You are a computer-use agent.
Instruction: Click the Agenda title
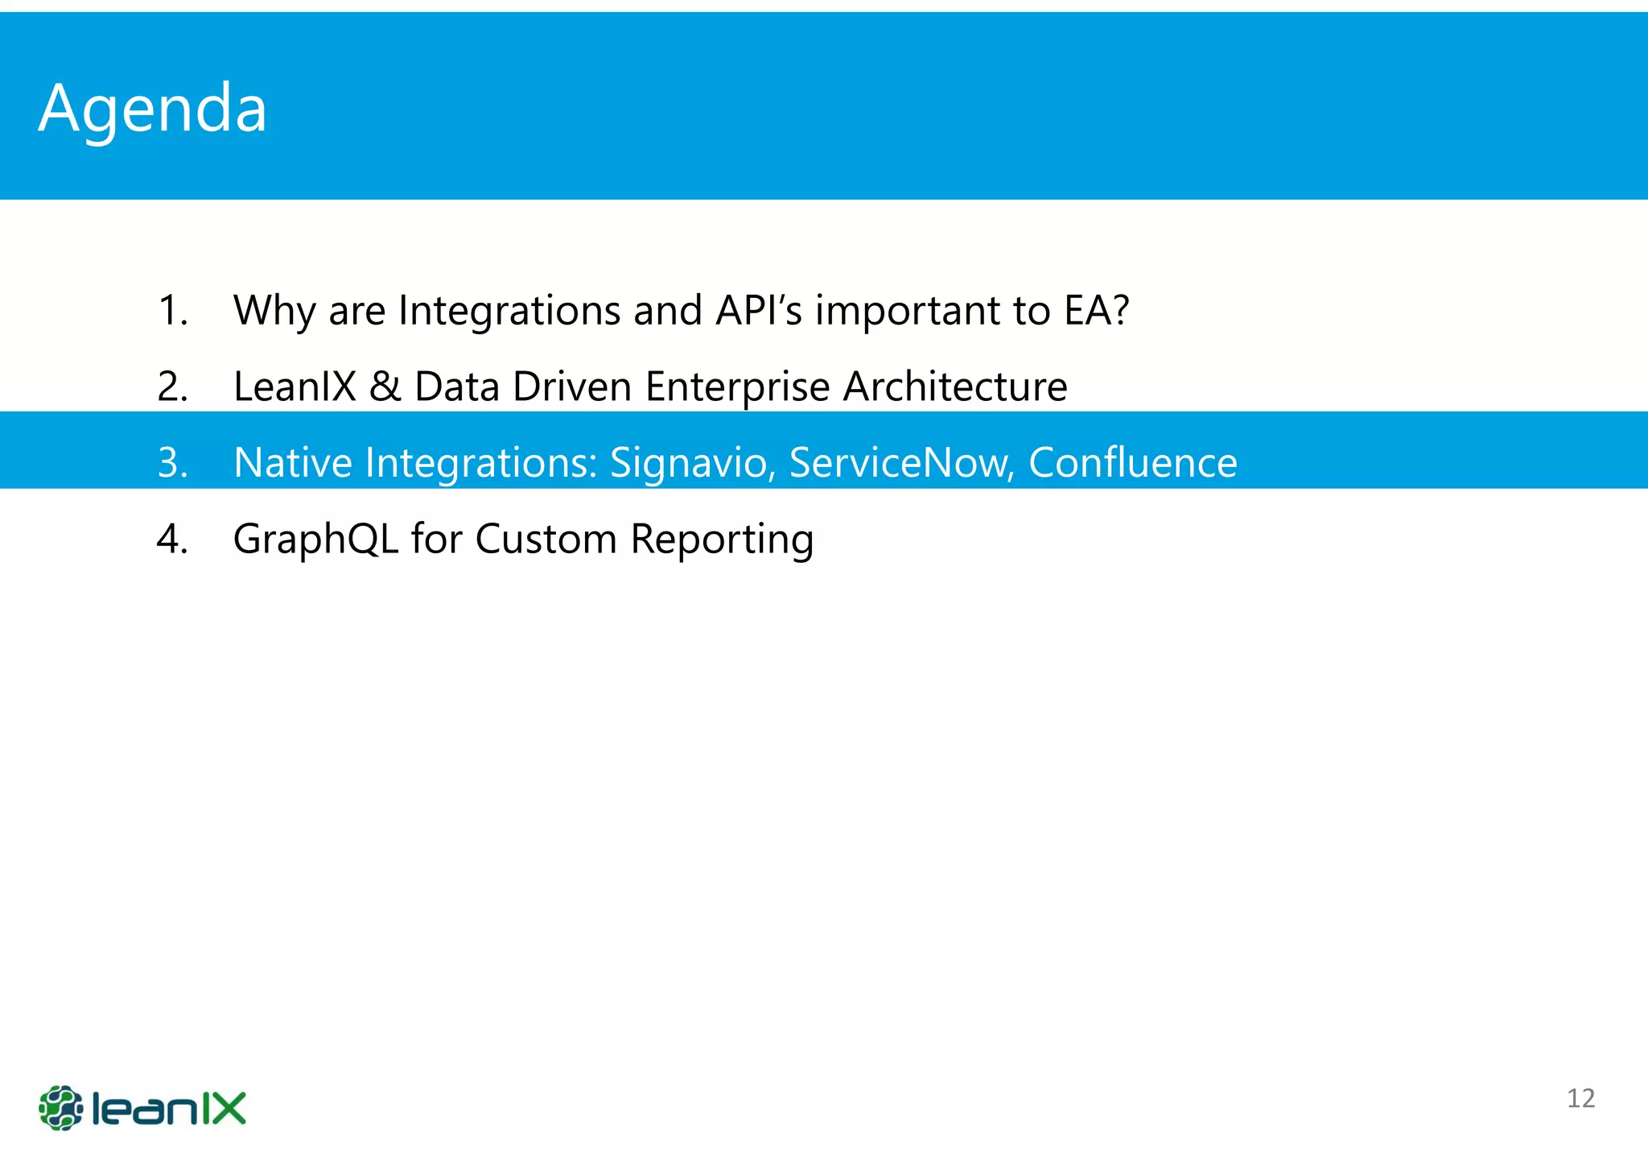(x=152, y=109)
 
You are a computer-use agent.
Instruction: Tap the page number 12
(x=1580, y=1098)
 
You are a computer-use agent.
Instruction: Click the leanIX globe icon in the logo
(x=61, y=1108)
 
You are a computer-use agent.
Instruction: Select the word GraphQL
(x=315, y=539)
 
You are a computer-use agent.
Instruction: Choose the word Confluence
(x=1132, y=462)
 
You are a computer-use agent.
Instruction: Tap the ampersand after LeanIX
(x=385, y=387)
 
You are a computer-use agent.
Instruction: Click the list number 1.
(x=172, y=310)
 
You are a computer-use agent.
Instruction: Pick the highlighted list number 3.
(x=172, y=463)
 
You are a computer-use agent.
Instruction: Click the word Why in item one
(x=274, y=311)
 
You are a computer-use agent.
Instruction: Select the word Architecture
(x=955, y=387)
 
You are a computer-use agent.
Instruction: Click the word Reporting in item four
(x=722, y=540)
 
